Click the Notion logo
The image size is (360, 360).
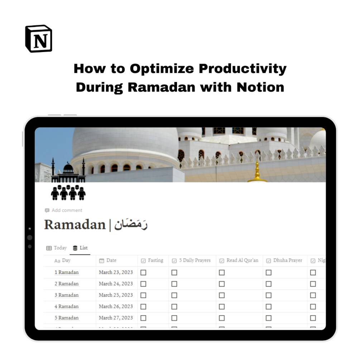pos(39,39)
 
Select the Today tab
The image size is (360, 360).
pos(57,248)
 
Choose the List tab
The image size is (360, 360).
pos(80,248)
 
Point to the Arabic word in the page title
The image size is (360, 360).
pos(131,225)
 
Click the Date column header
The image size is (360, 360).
pos(111,260)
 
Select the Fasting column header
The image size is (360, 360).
pos(155,260)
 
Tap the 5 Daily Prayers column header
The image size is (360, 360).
pos(195,260)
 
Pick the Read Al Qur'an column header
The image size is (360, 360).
pos(242,260)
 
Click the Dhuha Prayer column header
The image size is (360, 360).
pos(288,260)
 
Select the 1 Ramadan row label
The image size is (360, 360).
pos(67,272)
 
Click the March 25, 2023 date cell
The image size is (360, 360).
pos(116,295)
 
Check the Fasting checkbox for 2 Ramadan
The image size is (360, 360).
pos(143,284)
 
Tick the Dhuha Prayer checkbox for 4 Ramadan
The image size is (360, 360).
pos(269,307)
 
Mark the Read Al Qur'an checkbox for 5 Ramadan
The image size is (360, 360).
pos(222,318)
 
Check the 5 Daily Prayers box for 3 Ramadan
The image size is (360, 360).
pos(174,296)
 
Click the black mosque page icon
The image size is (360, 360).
pos(68,179)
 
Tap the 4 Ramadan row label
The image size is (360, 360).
pos(67,307)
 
